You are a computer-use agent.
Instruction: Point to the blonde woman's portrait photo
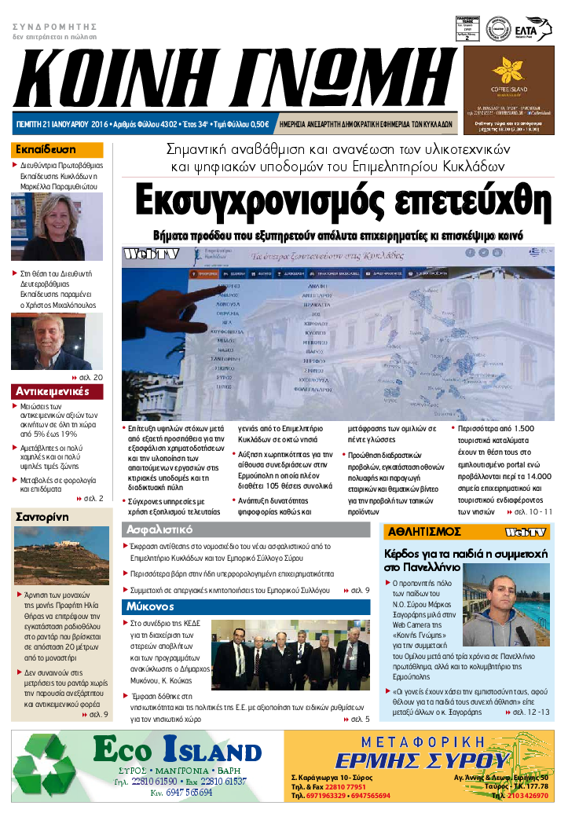[57, 226]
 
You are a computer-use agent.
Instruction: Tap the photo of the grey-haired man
[57, 342]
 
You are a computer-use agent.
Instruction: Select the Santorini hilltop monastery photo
[61, 555]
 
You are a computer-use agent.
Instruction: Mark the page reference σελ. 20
[92, 378]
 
